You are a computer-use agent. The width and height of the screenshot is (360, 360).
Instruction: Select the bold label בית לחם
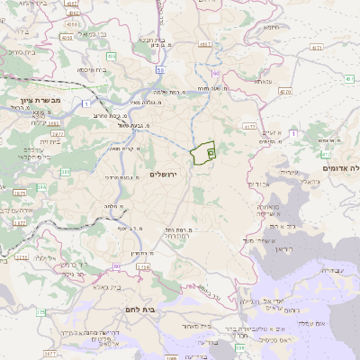pos(162,309)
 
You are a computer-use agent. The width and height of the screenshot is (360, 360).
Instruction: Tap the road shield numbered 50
pos(158,69)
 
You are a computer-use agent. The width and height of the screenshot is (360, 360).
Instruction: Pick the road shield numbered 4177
pos(249,127)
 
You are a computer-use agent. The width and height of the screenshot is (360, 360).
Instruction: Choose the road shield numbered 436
pos(109,57)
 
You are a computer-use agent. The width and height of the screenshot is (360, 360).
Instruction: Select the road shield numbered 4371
pos(312,43)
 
